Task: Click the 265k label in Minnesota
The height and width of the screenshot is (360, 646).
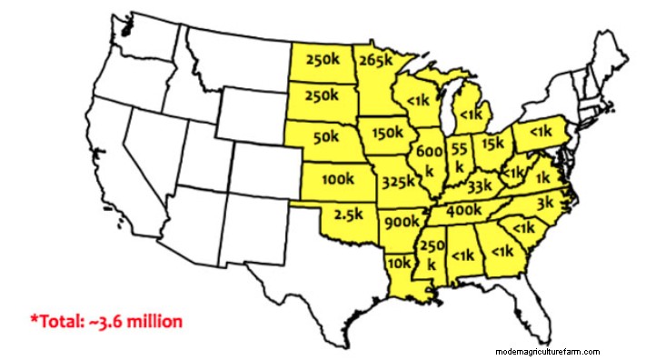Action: pyautogui.click(x=375, y=62)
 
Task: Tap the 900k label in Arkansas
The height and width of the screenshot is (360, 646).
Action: pyautogui.click(x=402, y=221)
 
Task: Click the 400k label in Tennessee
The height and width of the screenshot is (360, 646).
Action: pyautogui.click(x=464, y=210)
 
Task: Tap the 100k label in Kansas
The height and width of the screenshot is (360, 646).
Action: pyautogui.click(x=337, y=178)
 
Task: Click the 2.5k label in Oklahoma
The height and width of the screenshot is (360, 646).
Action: pyautogui.click(x=349, y=216)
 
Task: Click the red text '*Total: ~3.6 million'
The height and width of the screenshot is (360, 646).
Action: pyautogui.click(x=106, y=320)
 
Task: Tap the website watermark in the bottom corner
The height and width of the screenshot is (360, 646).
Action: pyautogui.click(x=548, y=351)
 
